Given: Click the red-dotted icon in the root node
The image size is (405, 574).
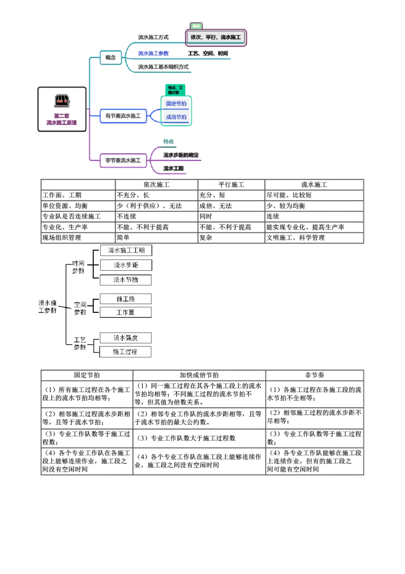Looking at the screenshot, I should [x=62, y=100].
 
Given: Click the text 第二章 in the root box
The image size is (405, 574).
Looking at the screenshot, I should [x=62, y=116].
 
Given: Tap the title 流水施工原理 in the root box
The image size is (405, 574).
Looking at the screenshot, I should [x=62, y=123].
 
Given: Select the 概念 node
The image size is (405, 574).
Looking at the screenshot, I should [x=110, y=57].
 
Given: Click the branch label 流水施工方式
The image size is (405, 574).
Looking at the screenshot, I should [x=153, y=38].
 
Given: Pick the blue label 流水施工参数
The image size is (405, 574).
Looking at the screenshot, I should [x=153, y=53].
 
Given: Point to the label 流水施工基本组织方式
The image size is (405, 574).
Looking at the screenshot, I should [x=163, y=67].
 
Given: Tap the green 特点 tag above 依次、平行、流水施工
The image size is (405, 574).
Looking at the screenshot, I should [x=195, y=25].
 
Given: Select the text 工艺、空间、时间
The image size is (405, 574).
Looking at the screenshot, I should [x=208, y=53].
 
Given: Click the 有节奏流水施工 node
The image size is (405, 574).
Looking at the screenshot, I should [x=123, y=116].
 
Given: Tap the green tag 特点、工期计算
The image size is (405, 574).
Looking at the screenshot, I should [x=176, y=90].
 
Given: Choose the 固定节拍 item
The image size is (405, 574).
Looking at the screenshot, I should [x=176, y=103].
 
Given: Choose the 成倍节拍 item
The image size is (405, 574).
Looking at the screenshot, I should [x=176, y=117].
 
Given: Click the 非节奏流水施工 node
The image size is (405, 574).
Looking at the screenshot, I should [x=123, y=160].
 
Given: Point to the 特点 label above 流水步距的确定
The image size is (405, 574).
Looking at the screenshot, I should [x=168, y=141].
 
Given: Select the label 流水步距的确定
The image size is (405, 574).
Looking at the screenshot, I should [x=180, y=155].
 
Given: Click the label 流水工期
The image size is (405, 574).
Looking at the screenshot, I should [x=174, y=168].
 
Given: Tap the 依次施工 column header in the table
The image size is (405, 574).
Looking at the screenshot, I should [x=155, y=185].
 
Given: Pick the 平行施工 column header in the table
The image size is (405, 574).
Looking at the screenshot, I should [x=231, y=185].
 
